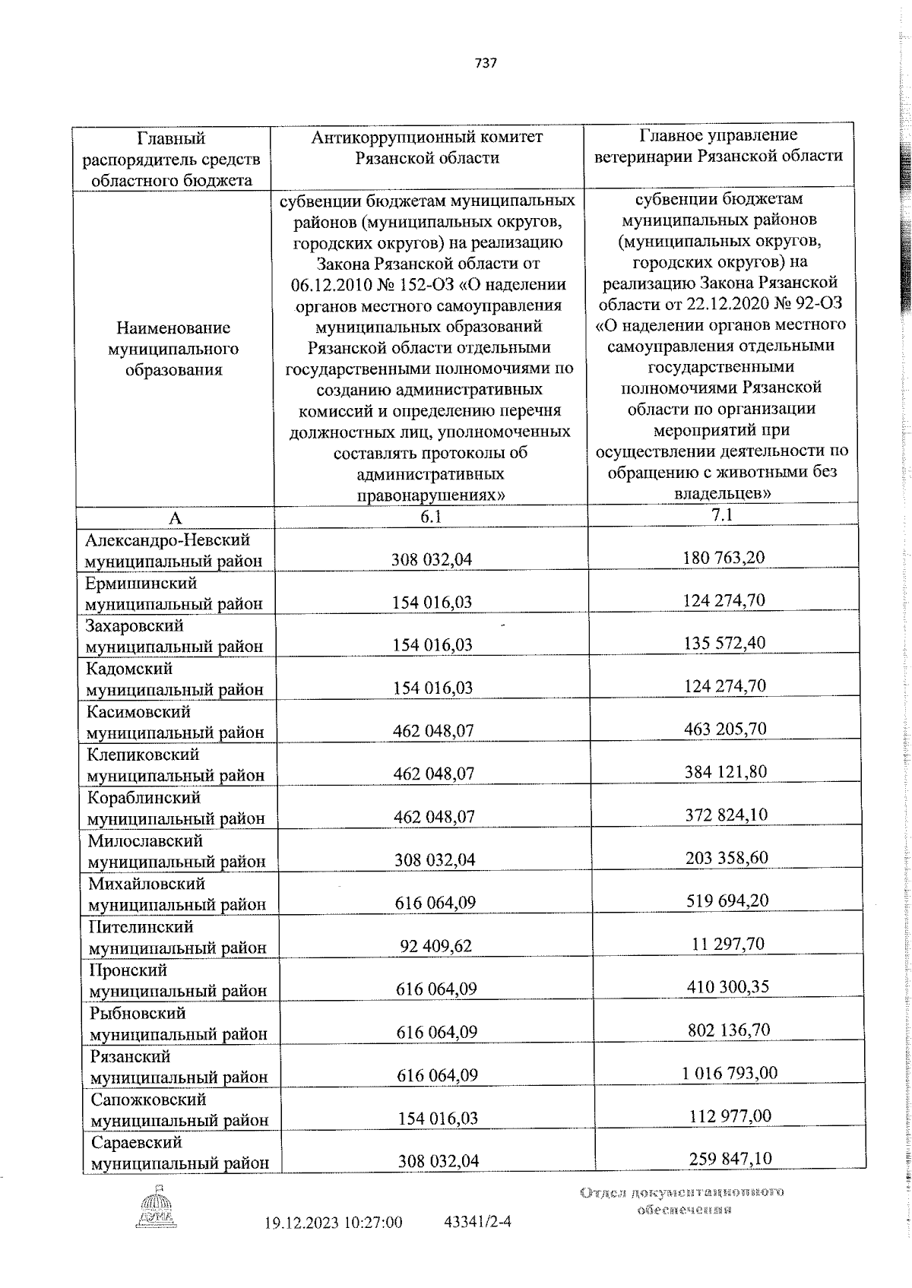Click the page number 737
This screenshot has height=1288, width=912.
tap(486, 63)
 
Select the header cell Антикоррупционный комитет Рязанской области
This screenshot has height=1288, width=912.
tap(428, 147)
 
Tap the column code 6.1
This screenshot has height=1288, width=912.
tap(430, 517)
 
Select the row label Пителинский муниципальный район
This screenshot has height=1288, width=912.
tap(177, 937)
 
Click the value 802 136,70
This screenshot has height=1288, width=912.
tap(727, 1030)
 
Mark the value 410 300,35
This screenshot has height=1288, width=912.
tap(727, 986)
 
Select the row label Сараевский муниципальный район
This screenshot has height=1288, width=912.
tap(179, 1153)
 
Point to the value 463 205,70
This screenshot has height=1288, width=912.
tap(725, 729)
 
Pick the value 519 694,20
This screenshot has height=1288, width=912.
tap(727, 900)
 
